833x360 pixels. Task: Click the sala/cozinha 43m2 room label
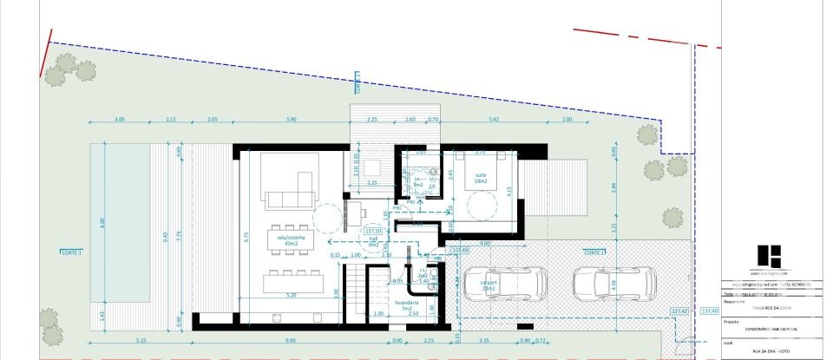point(286,240)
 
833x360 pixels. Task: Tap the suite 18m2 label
point(480,178)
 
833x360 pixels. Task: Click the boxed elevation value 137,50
point(374,232)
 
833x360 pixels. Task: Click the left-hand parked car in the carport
point(504,284)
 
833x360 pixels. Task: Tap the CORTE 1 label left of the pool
point(71,252)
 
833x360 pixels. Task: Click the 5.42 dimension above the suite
point(493,119)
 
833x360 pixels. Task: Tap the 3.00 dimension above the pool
point(121,119)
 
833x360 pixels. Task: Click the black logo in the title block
point(769,256)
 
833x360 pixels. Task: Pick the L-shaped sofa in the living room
point(293,193)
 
